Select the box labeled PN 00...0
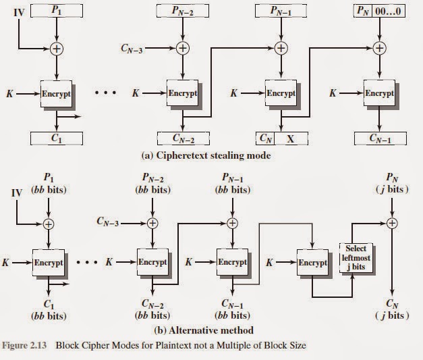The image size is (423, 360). click(x=378, y=11)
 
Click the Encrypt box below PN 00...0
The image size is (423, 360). click(x=378, y=93)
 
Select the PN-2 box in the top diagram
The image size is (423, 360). click(x=182, y=11)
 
